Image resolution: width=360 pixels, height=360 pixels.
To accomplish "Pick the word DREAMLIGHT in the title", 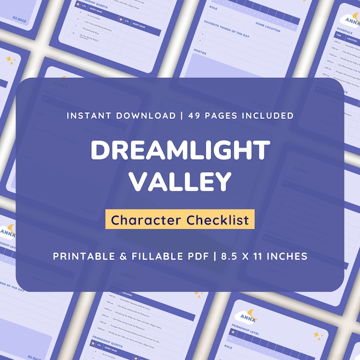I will [180, 151].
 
